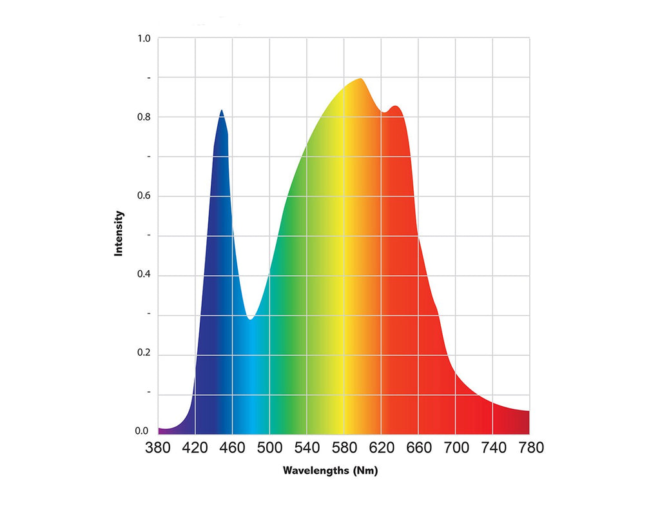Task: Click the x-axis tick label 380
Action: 158,447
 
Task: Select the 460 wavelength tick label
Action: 233,447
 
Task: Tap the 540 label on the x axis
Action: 307,447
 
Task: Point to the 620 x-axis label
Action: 381,447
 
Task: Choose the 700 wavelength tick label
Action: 456,447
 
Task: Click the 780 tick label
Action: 530,447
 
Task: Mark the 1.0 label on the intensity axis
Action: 144,39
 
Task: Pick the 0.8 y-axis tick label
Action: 144,117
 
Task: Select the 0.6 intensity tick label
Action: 144,196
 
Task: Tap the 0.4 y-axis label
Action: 144,275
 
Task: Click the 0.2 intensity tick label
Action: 144,354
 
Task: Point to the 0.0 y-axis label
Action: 142,431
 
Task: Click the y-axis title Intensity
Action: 119,233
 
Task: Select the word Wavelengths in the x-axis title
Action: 316,471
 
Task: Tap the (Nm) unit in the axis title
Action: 365,471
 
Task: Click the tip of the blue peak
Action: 222,111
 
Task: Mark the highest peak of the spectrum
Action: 360,79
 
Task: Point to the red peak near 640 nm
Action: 396,107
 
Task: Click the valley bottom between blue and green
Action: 250,318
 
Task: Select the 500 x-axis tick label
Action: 269,447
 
